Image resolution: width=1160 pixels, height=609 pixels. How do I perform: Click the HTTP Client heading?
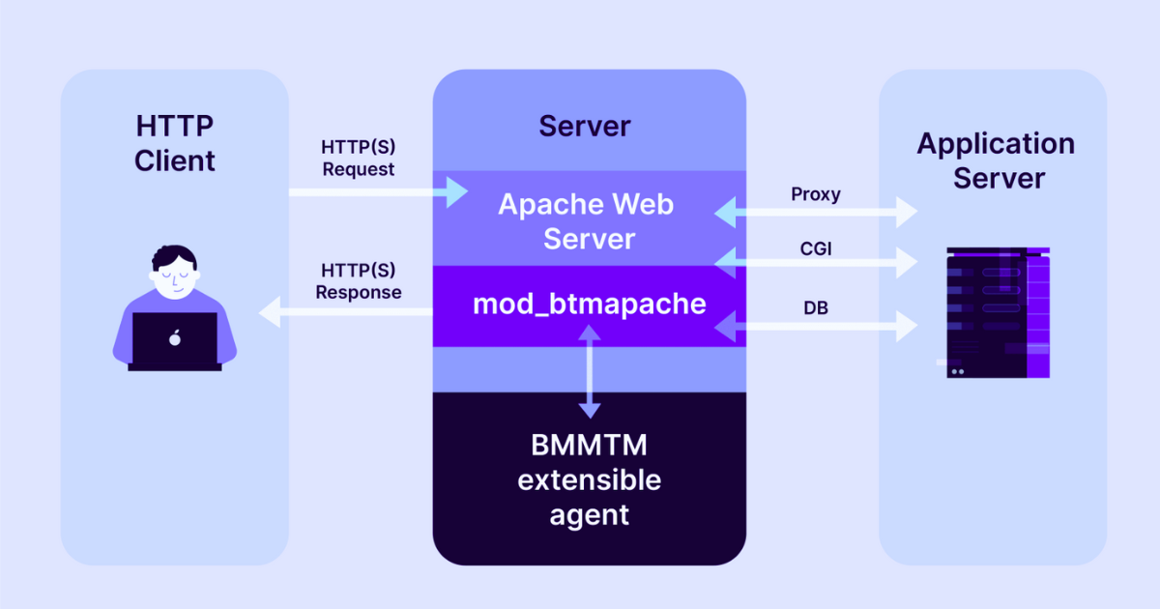click(x=174, y=143)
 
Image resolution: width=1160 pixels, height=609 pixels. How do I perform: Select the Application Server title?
click(x=995, y=160)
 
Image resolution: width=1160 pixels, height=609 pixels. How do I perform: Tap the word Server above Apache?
click(x=584, y=126)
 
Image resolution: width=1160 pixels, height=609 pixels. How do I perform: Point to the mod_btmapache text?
click(x=589, y=304)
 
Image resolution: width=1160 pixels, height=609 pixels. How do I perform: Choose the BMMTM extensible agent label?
click(x=589, y=479)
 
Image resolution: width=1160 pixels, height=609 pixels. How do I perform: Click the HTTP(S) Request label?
click(x=359, y=159)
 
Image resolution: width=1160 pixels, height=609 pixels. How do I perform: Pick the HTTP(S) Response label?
click(x=359, y=280)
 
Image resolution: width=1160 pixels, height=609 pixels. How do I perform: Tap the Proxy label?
click(x=816, y=194)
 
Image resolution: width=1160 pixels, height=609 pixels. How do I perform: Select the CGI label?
click(x=816, y=248)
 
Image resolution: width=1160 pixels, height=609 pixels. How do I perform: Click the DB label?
click(x=815, y=308)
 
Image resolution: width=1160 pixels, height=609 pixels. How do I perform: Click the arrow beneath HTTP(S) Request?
click(x=377, y=192)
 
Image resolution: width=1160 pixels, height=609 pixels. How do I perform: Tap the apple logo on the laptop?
click(x=175, y=337)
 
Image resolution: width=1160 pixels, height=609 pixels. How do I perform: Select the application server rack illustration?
click(x=996, y=311)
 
